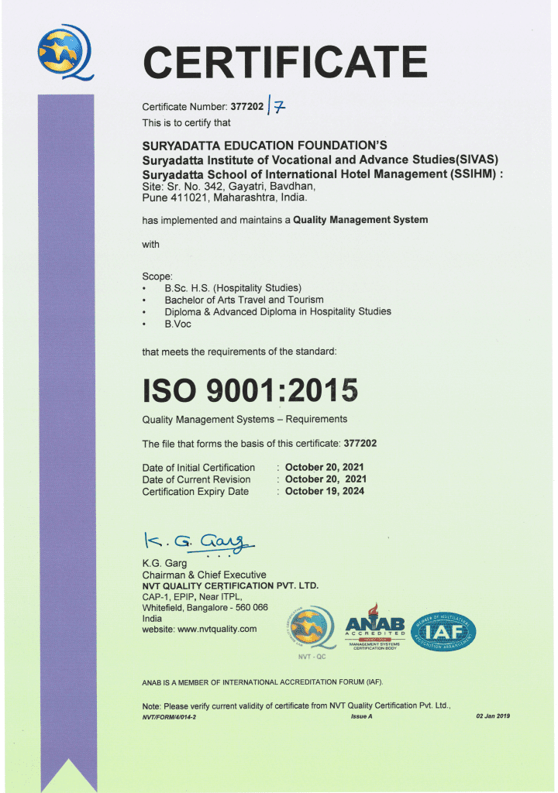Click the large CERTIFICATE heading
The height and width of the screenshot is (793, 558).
(x=285, y=62)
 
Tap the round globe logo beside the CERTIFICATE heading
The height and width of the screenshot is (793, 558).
(x=64, y=52)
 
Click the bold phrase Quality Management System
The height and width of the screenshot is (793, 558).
(x=360, y=220)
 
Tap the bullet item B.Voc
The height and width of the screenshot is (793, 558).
(x=177, y=324)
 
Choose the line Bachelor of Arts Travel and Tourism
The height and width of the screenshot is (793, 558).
(x=244, y=300)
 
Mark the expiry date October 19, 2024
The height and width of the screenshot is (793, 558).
(x=325, y=491)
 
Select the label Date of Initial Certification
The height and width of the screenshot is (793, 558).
(x=198, y=468)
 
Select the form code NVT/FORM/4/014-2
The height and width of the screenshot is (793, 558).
(x=170, y=717)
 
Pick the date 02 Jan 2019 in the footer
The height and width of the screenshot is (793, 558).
(x=493, y=716)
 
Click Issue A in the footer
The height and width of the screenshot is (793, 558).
(x=362, y=716)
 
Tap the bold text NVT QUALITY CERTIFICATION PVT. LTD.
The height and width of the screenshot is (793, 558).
(x=230, y=585)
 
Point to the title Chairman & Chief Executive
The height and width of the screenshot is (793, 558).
(x=204, y=575)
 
